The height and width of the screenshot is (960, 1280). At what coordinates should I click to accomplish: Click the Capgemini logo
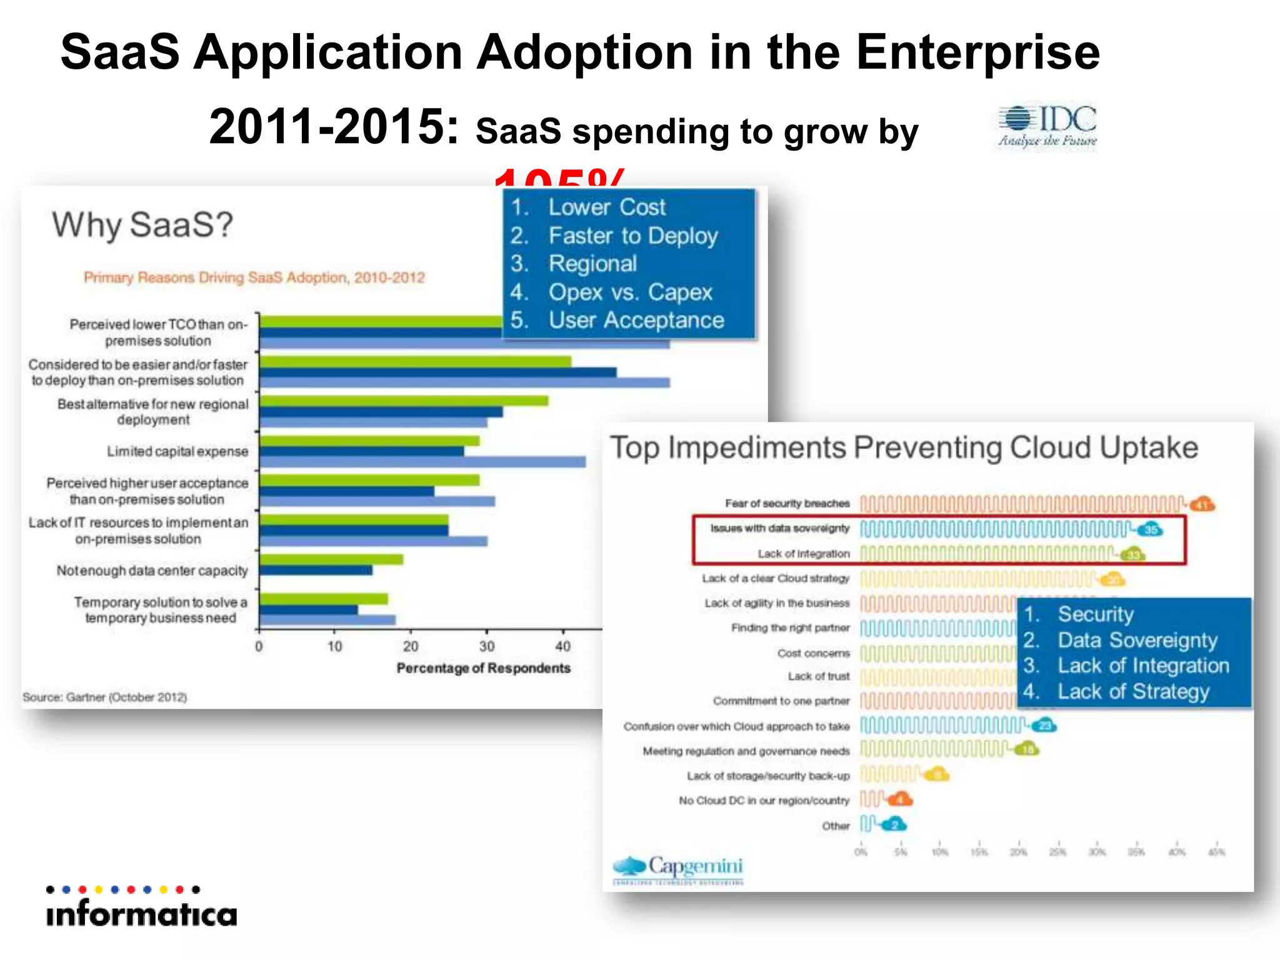click(x=679, y=868)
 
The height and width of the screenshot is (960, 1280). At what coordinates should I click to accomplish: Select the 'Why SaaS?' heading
click(x=142, y=225)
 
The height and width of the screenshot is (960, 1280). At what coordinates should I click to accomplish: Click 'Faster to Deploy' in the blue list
click(x=632, y=236)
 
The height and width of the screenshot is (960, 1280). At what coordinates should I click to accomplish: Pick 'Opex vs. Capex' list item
click(x=630, y=292)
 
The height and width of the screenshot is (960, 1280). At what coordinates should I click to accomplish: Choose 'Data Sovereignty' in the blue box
click(x=1137, y=640)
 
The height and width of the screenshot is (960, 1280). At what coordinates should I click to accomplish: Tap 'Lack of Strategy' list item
click(x=1132, y=691)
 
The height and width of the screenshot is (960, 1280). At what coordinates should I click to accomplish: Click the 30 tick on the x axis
click(x=487, y=646)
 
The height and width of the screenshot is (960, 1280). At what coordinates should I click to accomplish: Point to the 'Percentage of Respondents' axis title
click(x=483, y=668)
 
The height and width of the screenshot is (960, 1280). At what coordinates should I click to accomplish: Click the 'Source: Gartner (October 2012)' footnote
click(x=105, y=697)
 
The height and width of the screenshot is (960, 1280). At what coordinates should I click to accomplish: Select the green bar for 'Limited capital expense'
click(x=369, y=441)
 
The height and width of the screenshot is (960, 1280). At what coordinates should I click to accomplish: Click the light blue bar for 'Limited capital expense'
click(x=422, y=462)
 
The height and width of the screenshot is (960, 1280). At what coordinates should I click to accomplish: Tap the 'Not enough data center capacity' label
click(x=152, y=571)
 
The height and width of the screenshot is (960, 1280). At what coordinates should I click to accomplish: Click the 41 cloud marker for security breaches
click(x=1202, y=504)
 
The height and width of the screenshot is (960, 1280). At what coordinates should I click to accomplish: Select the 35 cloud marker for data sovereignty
click(x=1150, y=530)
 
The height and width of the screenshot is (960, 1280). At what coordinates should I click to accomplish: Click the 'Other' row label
click(x=836, y=826)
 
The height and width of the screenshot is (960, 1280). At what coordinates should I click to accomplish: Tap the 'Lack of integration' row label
click(x=803, y=554)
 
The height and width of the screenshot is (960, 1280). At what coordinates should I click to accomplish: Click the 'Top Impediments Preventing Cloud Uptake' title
click(x=904, y=447)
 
